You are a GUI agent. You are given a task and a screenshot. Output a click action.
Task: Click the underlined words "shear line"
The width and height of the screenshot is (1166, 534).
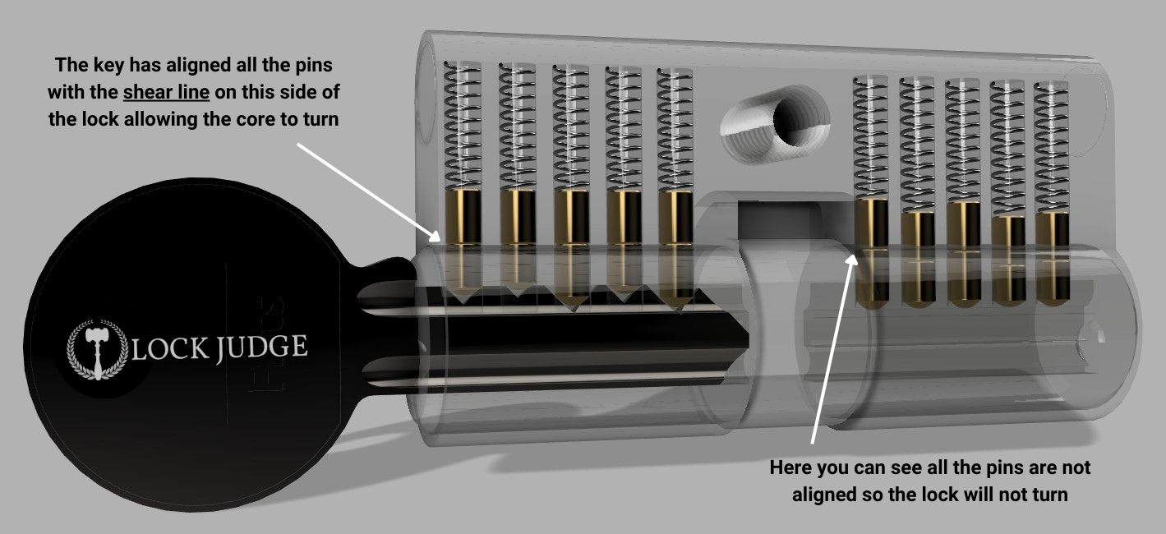(165, 92)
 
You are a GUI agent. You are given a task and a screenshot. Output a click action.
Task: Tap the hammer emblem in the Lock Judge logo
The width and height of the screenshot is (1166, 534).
(96, 349)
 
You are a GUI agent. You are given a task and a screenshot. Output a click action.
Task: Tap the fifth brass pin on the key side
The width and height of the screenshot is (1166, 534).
(675, 218)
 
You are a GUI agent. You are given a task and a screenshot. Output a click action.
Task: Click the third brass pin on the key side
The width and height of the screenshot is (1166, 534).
(571, 218)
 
